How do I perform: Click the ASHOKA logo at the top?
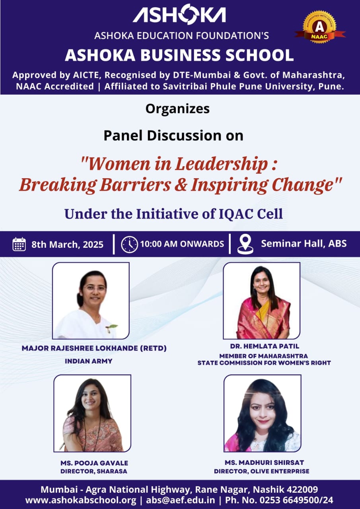pos(179,15)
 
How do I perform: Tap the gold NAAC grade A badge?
pos(320,27)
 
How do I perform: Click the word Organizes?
pos(177,109)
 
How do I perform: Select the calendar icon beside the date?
pos(19,244)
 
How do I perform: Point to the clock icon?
pos(129,245)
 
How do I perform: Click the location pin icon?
pos(245,244)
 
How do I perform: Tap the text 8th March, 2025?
pos(68,245)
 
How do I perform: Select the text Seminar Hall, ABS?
pos(304,244)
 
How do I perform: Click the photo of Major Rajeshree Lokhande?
pos(91,301)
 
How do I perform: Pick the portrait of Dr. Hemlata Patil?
pos(262,301)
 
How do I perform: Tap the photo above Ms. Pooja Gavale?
pos(93,413)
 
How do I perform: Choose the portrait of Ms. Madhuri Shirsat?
pos(263,413)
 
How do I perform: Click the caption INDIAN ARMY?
pos(89,361)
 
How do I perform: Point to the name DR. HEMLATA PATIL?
pos(265,346)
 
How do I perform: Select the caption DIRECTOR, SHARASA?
pos(94,471)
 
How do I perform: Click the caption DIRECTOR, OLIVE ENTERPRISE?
pos(262,471)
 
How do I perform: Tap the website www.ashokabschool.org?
pos(81,500)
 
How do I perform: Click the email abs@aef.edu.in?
pos(181,500)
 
